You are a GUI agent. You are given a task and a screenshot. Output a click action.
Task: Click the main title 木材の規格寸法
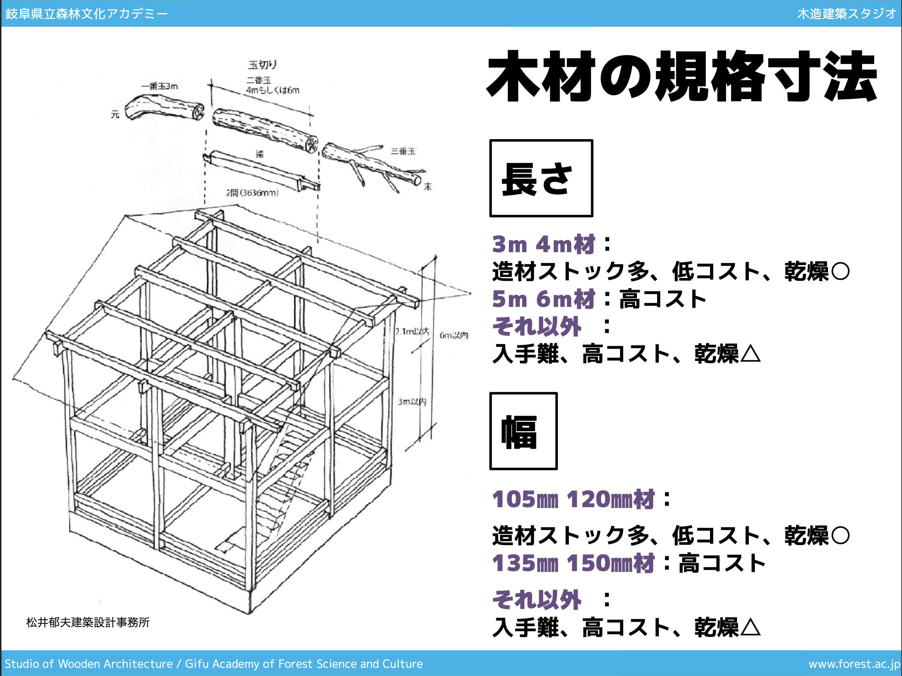point(682,76)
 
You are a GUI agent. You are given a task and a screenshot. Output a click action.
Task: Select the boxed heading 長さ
point(541,178)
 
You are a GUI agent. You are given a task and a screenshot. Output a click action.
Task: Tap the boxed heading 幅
point(523,431)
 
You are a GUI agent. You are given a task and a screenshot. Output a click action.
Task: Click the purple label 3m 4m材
point(543,244)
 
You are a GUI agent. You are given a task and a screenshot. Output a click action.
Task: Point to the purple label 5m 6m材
point(543,299)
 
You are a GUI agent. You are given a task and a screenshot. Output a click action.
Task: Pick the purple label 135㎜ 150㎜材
point(573,563)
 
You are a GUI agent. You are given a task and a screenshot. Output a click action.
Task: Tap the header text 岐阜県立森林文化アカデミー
point(86,13)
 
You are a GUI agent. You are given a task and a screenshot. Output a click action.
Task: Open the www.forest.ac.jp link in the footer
point(854,664)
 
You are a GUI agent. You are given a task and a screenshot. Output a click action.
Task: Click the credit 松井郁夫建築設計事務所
point(88,622)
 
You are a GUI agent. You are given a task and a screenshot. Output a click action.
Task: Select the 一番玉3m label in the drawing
point(160,86)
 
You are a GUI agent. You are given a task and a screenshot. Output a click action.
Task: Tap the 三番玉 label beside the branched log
point(403,152)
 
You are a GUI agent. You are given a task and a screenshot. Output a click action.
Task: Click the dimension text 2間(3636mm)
point(252,193)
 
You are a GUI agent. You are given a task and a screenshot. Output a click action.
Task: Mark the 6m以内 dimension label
point(454,335)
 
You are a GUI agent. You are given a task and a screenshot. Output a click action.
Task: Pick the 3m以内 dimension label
point(412,402)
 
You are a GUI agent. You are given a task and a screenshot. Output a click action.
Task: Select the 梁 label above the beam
point(260,154)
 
